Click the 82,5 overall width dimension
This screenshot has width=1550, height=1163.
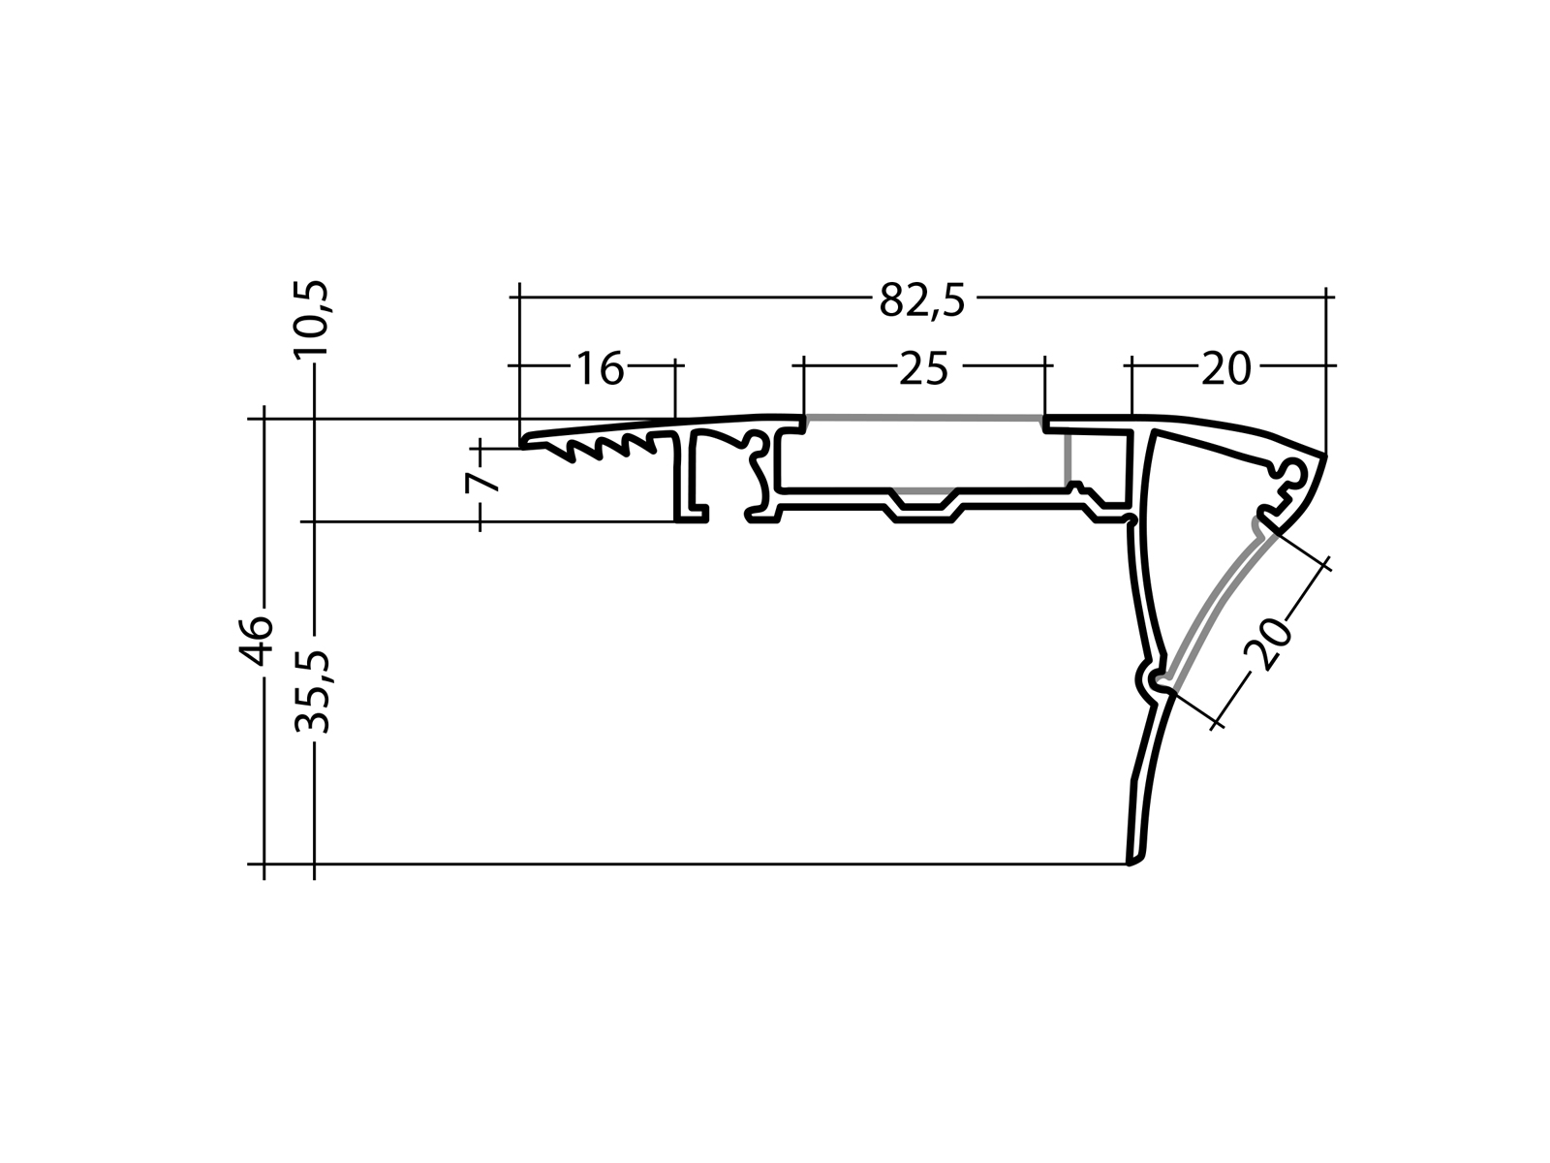tap(922, 301)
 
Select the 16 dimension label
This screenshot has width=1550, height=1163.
tap(600, 369)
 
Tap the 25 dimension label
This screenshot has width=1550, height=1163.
tap(923, 369)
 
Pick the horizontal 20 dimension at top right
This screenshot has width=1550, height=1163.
tap(1225, 369)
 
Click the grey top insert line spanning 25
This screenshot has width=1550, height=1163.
tap(923, 418)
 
